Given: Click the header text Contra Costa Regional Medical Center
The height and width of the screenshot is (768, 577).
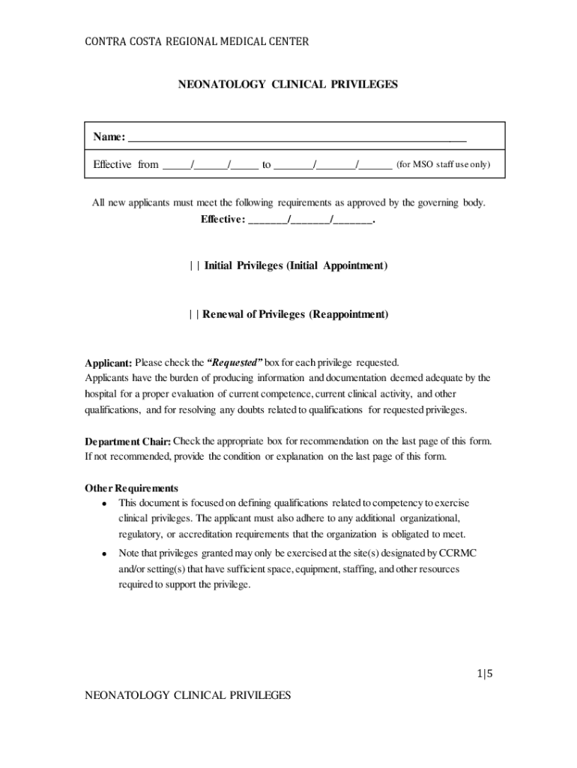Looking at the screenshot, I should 196,42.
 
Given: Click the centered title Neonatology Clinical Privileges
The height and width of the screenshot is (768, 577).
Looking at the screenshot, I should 288,85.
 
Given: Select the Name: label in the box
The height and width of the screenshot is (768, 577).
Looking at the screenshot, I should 109,136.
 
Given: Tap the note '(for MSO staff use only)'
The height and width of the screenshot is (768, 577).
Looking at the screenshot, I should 443,164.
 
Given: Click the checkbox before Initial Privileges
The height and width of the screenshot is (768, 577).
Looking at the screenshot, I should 194,266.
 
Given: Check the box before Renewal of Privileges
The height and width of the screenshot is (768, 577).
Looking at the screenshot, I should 193,314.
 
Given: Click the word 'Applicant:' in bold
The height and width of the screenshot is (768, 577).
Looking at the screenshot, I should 109,363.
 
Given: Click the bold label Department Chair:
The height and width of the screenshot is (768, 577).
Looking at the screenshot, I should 128,441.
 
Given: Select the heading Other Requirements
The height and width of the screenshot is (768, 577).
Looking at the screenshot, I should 131,488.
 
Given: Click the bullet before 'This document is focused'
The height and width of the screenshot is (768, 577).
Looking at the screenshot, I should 105,504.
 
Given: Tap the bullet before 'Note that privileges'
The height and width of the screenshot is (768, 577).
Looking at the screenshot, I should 105,554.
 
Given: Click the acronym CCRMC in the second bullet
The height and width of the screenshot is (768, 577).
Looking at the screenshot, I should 459,553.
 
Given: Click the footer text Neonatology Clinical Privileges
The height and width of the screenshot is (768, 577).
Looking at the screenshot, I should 187,695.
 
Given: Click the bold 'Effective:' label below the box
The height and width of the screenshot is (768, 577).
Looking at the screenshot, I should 223,220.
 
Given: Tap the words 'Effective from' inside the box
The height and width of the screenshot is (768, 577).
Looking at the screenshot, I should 126,164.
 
